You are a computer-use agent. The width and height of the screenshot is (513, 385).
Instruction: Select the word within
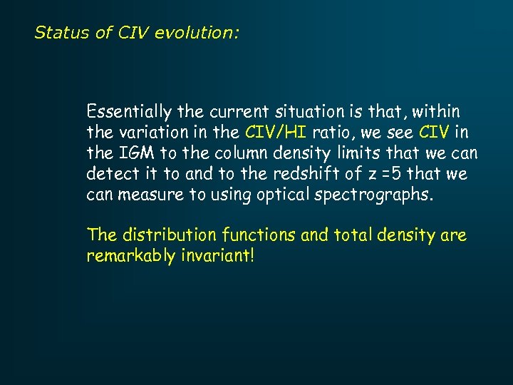tap(435, 112)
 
